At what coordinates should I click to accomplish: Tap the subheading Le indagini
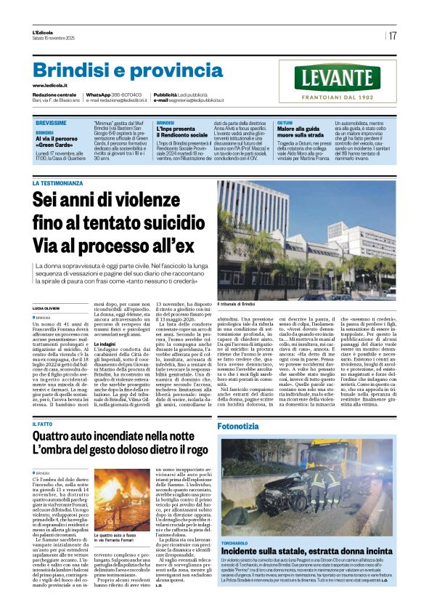[x=108, y=342]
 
